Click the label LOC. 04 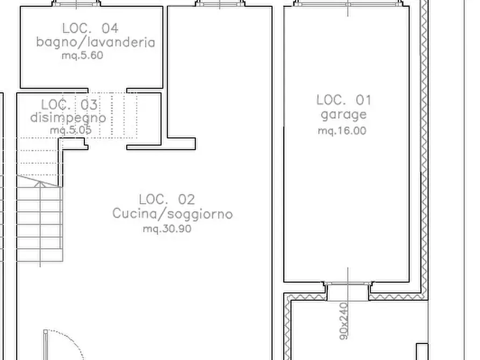tap(90, 28)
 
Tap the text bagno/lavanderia tap(96, 42)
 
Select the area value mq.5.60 tap(82, 55)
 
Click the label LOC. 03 tap(69, 104)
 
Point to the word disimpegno tap(68, 118)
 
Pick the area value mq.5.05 tap(70, 130)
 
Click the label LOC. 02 tap(167, 199)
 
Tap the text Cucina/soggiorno tap(173, 214)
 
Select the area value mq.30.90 tap(167, 228)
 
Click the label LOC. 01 tap(343, 99)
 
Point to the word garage tap(343, 114)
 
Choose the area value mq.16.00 tap(342, 131)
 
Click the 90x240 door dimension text tap(344, 321)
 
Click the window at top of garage tap(348, 4)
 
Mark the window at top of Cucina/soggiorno tap(220, 4)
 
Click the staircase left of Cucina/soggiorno tap(39, 220)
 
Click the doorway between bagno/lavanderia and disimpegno tap(108, 90)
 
